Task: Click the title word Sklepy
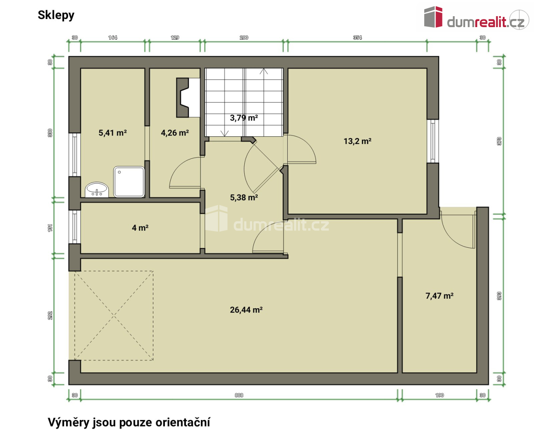pos(56,16)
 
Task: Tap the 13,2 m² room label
pos(357,141)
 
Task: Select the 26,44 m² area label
pos(246,310)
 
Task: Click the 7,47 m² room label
pos(439,296)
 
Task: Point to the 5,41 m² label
pos(112,133)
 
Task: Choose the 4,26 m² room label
pos(175,133)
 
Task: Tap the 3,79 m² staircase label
pos(244,118)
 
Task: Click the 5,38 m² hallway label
pos(244,197)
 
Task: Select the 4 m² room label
pos(140,227)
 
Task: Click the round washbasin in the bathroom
pos(97,189)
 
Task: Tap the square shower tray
pos(129,181)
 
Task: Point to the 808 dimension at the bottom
pos(239,395)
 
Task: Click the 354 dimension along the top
pos(357,37)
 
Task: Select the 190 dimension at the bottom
pos(439,395)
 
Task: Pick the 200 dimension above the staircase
pos(244,37)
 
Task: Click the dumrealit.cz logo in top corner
pos(476,17)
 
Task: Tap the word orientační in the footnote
pos(183,422)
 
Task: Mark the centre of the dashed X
pos(114,315)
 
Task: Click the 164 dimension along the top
pos(112,37)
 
